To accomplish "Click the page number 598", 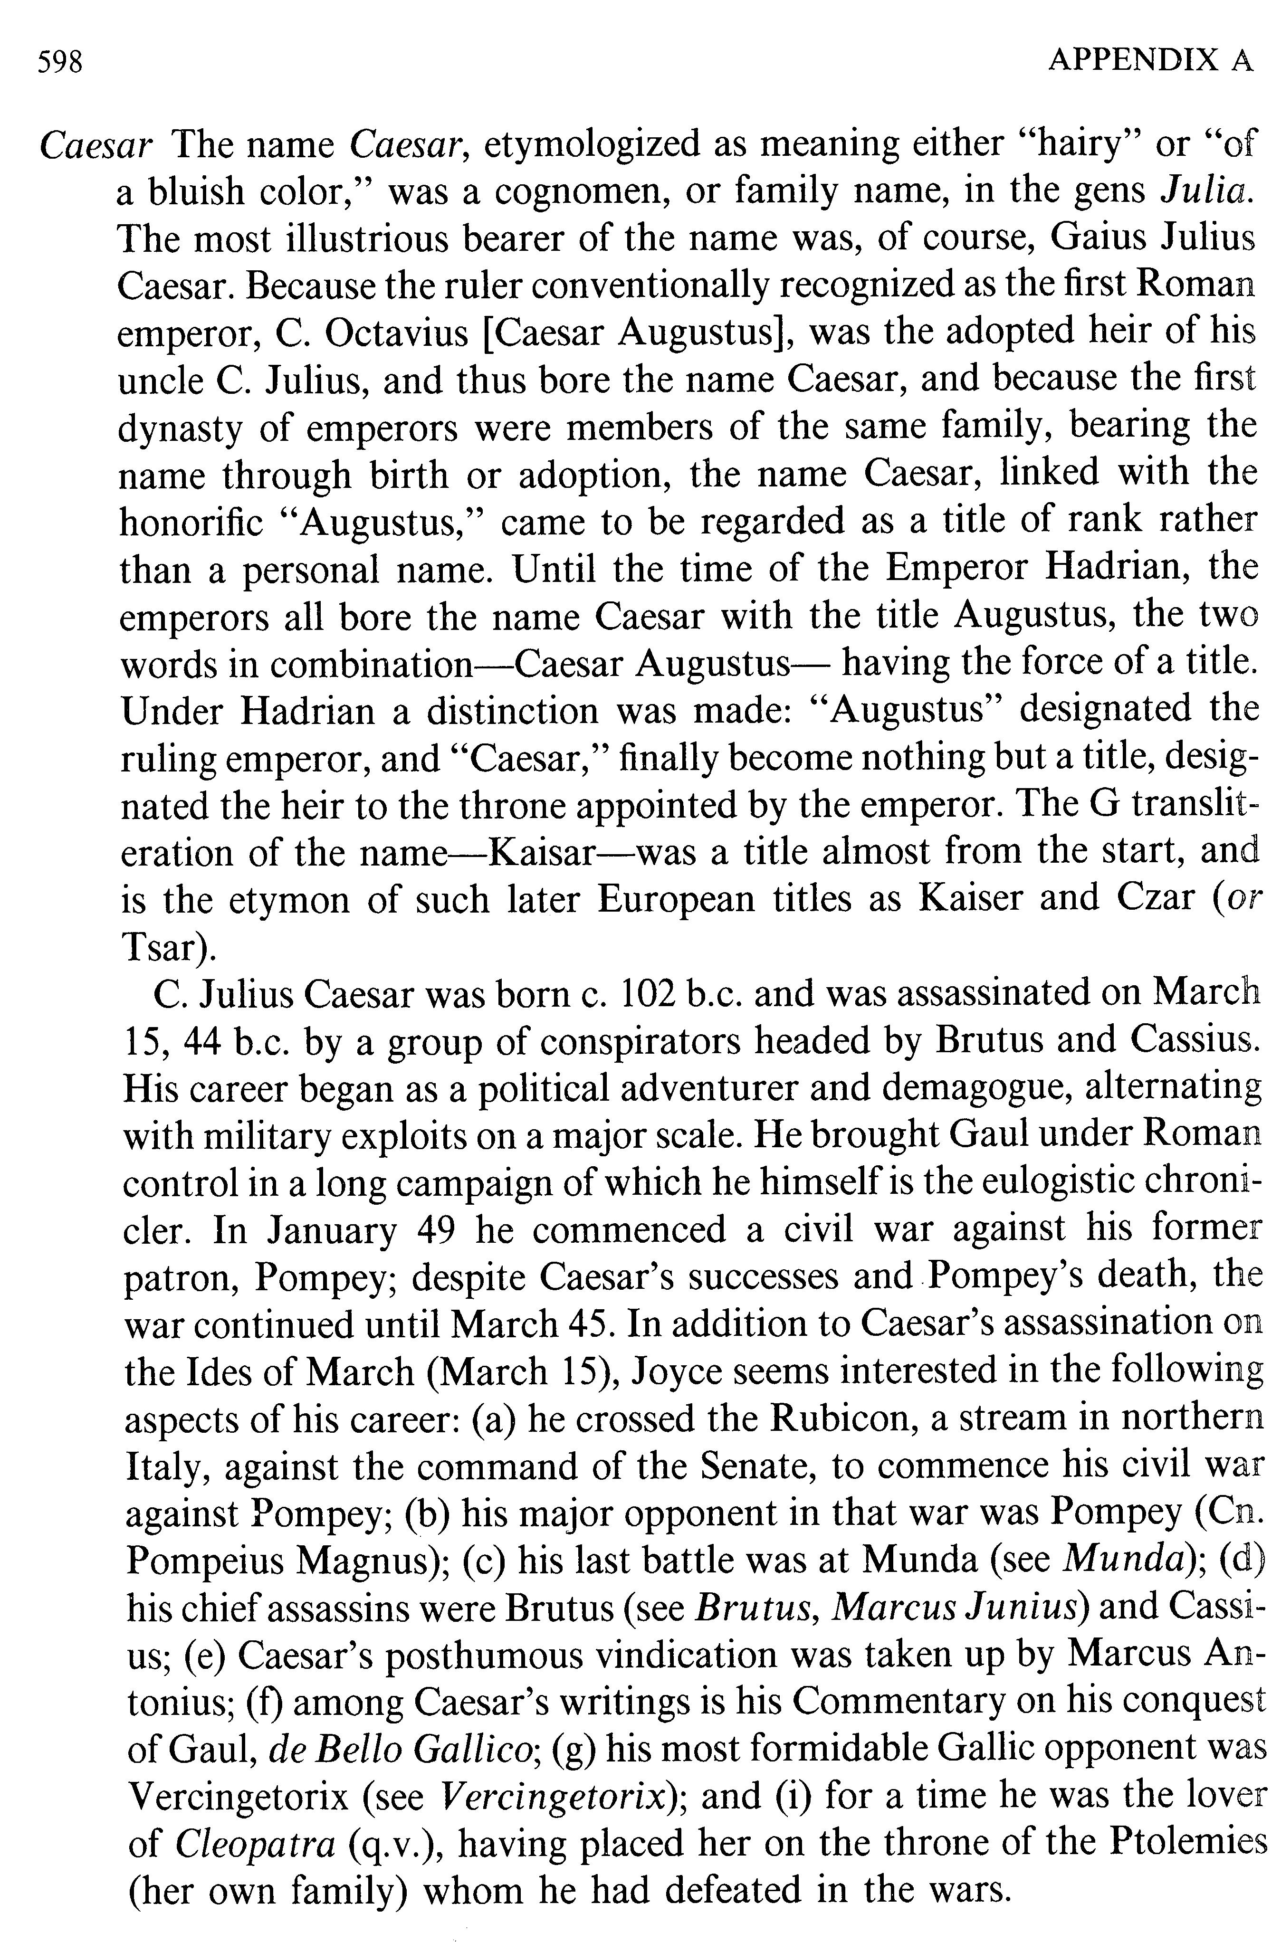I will pyautogui.click(x=60, y=62).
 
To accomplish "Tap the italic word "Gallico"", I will pyautogui.click(x=473, y=1749).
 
